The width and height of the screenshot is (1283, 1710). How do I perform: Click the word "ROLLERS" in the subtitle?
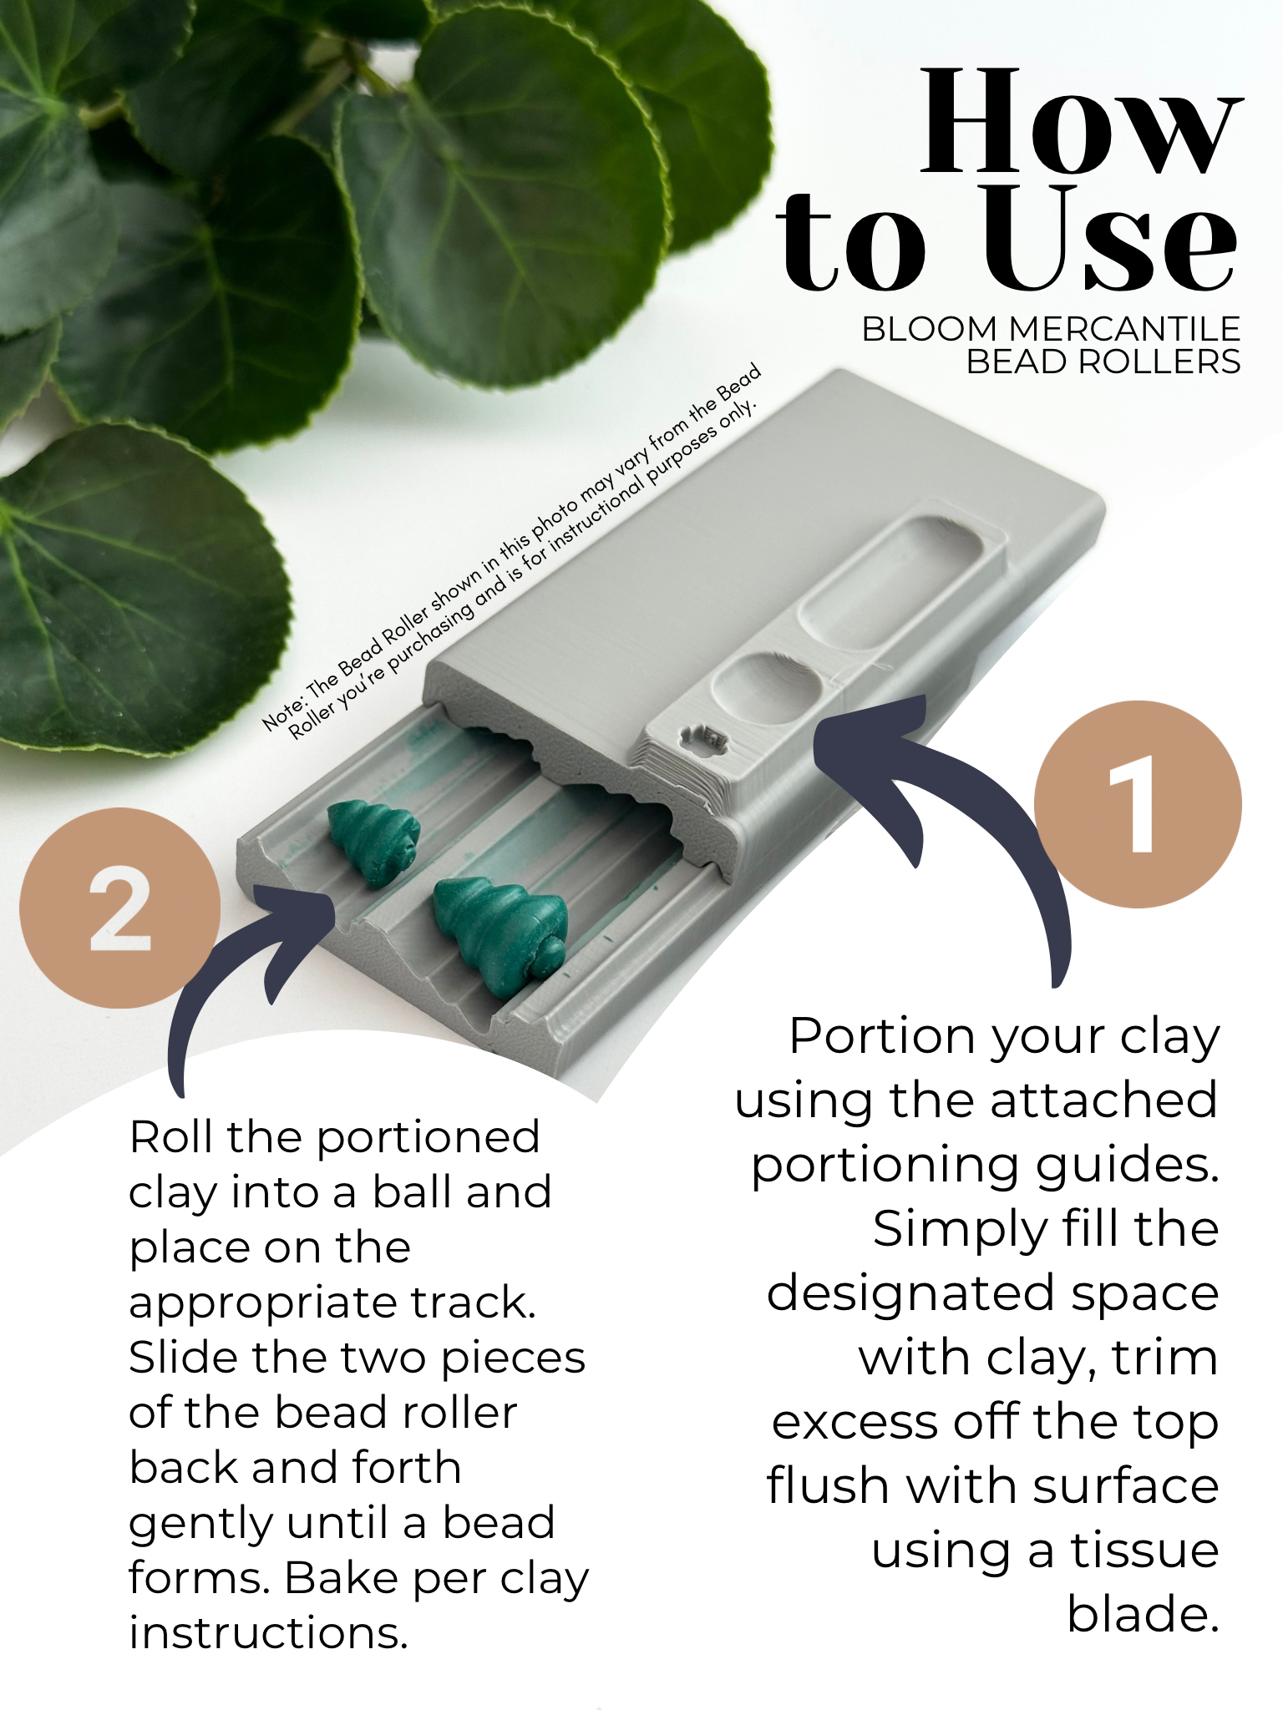point(1159,362)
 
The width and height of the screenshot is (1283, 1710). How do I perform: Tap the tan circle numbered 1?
point(1138,804)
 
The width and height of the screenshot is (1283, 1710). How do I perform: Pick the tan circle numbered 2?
point(119,908)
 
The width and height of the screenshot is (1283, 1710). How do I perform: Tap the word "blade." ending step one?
point(1143,1615)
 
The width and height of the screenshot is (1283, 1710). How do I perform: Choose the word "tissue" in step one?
point(1145,1551)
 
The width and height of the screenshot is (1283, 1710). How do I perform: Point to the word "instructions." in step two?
point(268,1633)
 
